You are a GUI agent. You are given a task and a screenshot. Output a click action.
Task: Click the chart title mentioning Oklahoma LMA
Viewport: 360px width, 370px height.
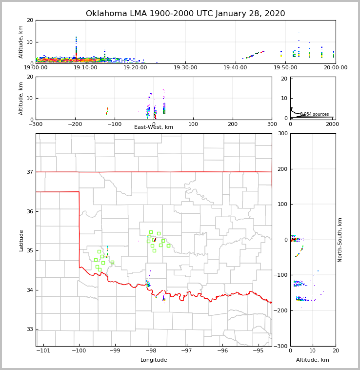185,14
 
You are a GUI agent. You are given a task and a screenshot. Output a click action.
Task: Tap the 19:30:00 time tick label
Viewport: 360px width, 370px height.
185,68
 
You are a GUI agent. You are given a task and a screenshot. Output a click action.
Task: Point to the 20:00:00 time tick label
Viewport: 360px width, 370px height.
335,68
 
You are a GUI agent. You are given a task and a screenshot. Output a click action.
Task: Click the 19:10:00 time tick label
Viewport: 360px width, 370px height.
85,68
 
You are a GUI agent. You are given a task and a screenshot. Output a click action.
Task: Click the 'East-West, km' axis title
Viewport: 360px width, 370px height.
154,127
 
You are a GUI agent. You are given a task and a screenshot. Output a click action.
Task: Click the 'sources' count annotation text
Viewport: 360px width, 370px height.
314,114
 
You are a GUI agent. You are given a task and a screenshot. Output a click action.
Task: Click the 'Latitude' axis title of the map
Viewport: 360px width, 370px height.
21,240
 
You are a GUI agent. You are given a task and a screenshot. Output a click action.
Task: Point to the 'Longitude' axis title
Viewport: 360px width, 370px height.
154,360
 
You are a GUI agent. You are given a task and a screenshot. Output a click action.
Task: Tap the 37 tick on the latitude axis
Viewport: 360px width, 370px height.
30,172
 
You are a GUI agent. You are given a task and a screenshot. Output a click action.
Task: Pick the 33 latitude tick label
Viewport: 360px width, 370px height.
30,329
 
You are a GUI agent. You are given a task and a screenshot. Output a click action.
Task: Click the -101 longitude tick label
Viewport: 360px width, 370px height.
43,351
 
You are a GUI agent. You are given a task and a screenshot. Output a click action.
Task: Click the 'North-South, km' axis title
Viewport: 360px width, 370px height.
340,240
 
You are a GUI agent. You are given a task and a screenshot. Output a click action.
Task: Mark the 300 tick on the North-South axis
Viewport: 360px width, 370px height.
283,133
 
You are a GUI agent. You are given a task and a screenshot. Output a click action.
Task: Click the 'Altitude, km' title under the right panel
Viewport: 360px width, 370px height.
313,360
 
